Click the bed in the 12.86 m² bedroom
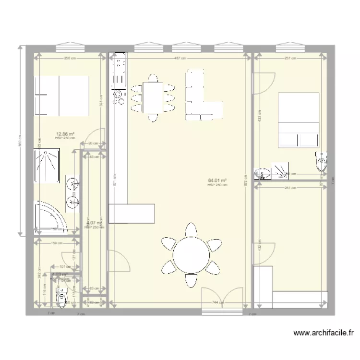click(x=61, y=96)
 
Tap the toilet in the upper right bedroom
click(x=321, y=162)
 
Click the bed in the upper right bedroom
click(x=299, y=120)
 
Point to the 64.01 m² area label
click(x=217, y=181)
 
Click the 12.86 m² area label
click(x=65, y=134)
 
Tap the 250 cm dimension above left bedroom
click(x=70, y=59)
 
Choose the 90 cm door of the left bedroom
click(x=96, y=136)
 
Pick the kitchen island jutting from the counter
click(x=132, y=214)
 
